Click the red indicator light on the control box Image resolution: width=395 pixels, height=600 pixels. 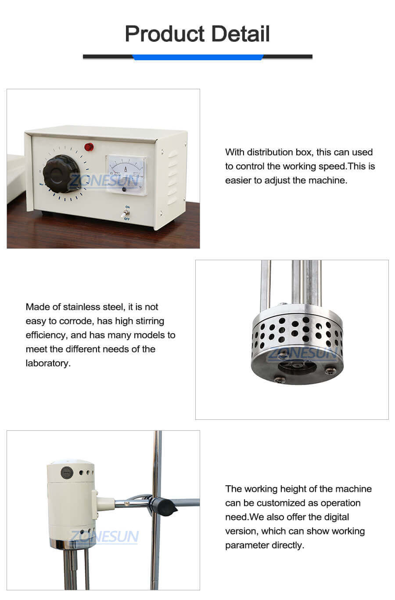tap(90, 146)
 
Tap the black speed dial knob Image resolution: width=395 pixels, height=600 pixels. tap(61, 174)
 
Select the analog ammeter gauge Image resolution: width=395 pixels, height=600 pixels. tap(126, 173)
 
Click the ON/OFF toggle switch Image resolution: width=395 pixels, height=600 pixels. tap(126, 213)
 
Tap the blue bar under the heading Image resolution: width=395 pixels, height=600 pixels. tap(197, 57)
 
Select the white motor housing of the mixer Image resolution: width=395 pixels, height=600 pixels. tap(70, 501)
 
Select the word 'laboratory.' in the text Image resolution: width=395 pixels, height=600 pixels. tap(48, 363)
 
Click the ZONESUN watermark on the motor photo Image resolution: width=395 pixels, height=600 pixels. tap(104, 537)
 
